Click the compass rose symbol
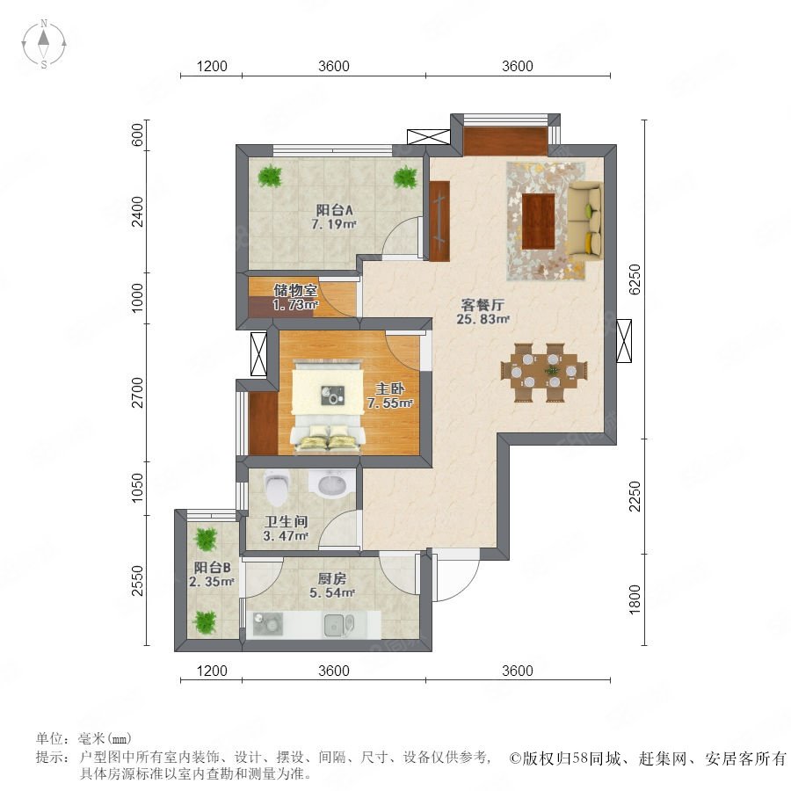coord(44,44)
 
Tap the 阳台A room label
coord(334,210)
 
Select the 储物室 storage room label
coord(295,290)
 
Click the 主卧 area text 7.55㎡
coord(390,403)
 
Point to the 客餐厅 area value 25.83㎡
coord(483,319)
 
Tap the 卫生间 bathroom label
coord(286,521)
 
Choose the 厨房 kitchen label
coord(332,578)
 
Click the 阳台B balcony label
coord(213,568)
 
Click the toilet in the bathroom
coord(276,487)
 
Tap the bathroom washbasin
coord(328,483)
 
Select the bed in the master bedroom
coord(328,405)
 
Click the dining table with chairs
coord(544,373)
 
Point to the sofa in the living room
coord(585,221)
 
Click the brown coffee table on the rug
coord(538,221)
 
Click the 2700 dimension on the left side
coord(137,393)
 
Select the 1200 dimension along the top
coord(212,66)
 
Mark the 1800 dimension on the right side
coord(635,599)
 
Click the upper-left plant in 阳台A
coord(270,177)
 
